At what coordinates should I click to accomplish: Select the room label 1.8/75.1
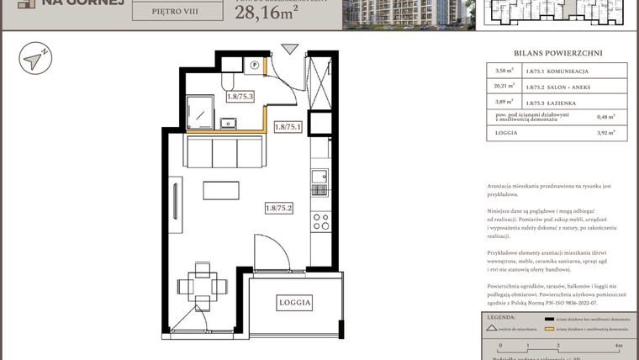pyautogui.click(x=288, y=127)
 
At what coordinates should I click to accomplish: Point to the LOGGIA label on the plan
pyautogui.click(x=295, y=302)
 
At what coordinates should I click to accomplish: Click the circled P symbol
pyautogui.click(x=255, y=65)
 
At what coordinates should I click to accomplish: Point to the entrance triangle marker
pyautogui.click(x=289, y=50)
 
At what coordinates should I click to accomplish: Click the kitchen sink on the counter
pyautogui.click(x=319, y=177)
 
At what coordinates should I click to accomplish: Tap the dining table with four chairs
pyautogui.click(x=202, y=284)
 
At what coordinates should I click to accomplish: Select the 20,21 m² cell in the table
pyautogui.click(x=504, y=85)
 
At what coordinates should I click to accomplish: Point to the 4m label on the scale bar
pyautogui.click(x=618, y=345)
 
